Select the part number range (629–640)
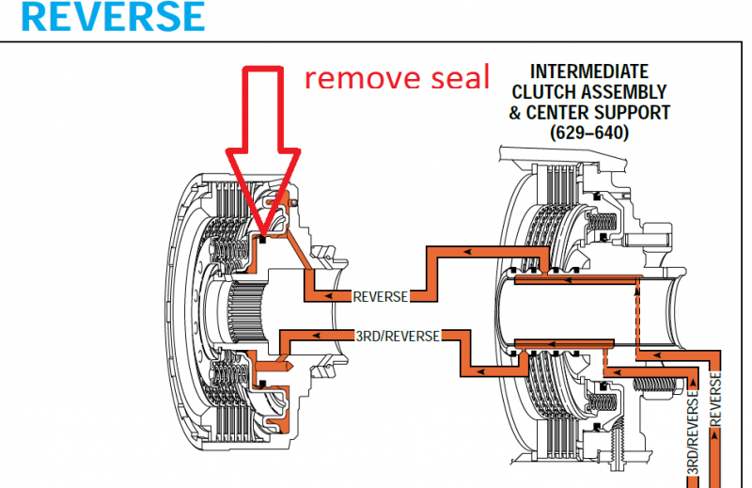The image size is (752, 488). pos(589,133)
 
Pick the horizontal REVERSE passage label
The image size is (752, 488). pos(380,296)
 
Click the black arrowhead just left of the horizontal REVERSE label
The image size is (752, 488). pos(344,296)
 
